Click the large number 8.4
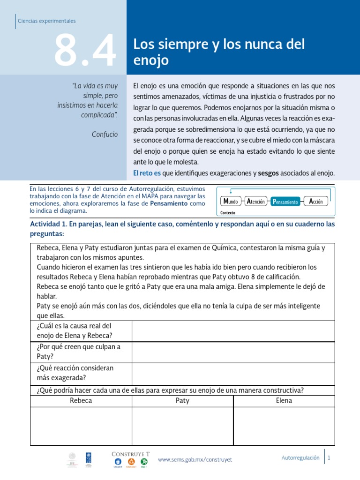84,51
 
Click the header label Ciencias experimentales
46,21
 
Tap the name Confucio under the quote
105,135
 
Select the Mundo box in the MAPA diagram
231,202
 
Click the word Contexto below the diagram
227,212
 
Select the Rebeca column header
81,401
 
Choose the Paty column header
182,401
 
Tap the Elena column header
284,401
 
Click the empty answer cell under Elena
284,426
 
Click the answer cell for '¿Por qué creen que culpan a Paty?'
233,352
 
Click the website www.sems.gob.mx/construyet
195,460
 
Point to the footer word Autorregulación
300,457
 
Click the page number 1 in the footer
330,457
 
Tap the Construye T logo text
130,453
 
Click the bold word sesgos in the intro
268,173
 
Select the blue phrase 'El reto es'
147,173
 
